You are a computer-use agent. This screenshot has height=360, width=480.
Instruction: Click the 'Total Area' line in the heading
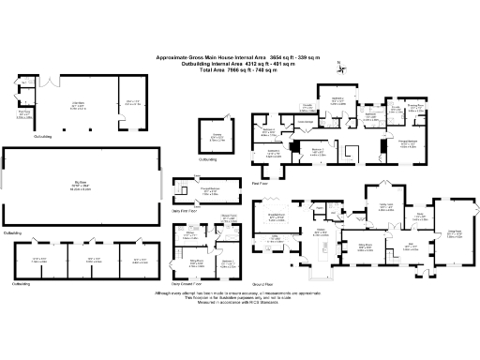point(249,68)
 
